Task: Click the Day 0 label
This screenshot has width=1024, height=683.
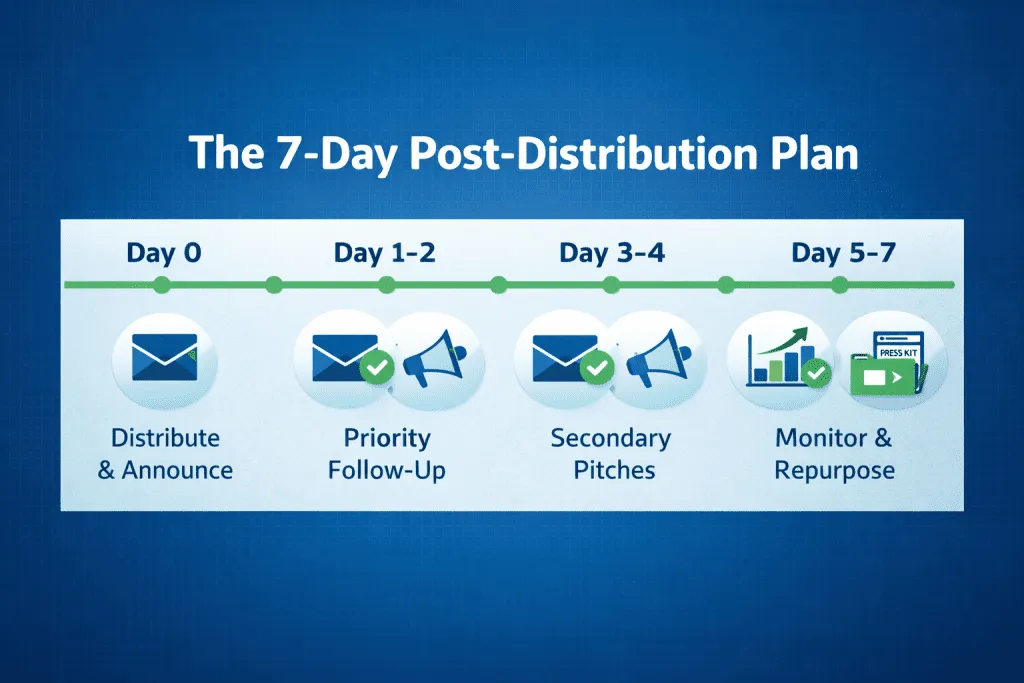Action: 164,253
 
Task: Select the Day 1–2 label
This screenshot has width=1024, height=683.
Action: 385,253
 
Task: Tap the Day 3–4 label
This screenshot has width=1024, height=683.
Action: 612,253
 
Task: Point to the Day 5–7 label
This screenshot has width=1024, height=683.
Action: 843,253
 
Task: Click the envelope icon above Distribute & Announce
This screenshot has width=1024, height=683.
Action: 165,357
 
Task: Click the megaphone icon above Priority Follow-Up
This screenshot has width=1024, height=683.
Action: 434,358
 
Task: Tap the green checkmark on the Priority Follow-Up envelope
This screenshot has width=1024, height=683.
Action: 377,368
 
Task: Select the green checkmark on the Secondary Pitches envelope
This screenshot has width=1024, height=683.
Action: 597,368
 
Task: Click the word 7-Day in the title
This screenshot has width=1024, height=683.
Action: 337,155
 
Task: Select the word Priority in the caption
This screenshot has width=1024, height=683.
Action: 387,438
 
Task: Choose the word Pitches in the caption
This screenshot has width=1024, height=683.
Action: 614,470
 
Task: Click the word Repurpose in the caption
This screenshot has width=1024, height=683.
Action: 835,471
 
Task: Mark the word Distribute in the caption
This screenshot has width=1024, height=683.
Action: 165,437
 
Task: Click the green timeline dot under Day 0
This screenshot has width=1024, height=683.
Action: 161,285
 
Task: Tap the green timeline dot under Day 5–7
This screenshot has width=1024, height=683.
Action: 840,285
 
